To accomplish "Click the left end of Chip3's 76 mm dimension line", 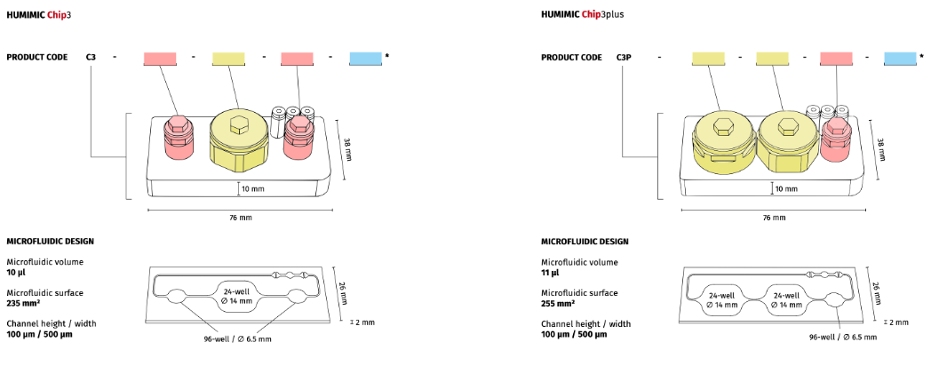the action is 147,210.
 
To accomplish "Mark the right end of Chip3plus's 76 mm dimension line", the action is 867,210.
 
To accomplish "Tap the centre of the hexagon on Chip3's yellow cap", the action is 237,126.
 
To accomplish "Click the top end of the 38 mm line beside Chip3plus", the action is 870,120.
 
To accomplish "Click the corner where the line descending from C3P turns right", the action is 624,157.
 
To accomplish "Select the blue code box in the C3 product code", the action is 366,59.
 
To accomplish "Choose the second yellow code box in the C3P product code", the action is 772,59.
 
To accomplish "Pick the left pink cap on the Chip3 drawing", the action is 178,137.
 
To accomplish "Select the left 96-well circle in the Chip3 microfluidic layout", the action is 176,295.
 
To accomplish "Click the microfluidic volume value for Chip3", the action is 15,273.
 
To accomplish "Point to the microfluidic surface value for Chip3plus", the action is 558,304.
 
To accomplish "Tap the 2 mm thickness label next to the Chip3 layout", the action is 364,322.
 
